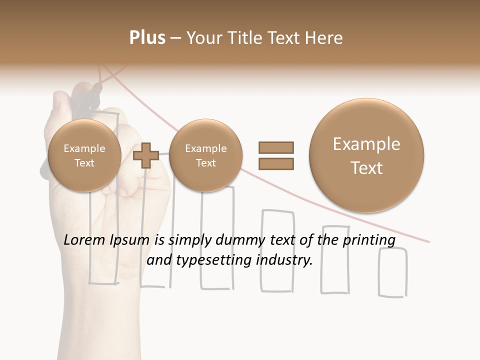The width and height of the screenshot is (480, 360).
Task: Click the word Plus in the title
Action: (x=147, y=38)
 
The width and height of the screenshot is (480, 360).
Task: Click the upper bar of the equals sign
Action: (x=275, y=147)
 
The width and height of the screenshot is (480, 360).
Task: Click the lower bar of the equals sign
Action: (x=275, y=164)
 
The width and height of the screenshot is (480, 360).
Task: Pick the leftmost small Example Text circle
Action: (x=84, y=155)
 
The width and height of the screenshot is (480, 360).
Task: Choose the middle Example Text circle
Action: (x=205, y=155)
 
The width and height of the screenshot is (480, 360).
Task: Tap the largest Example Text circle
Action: (x=366, y=155)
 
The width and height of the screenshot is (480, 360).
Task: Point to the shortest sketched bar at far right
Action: (x=393, y=272)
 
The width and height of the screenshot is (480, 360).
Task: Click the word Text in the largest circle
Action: (x=366, y=168)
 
